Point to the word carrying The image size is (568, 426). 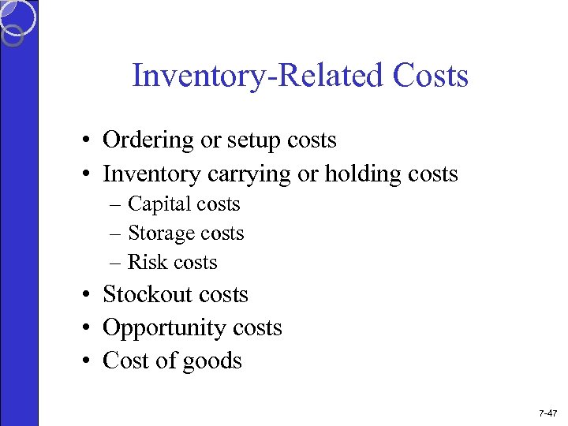click(253, 174)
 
